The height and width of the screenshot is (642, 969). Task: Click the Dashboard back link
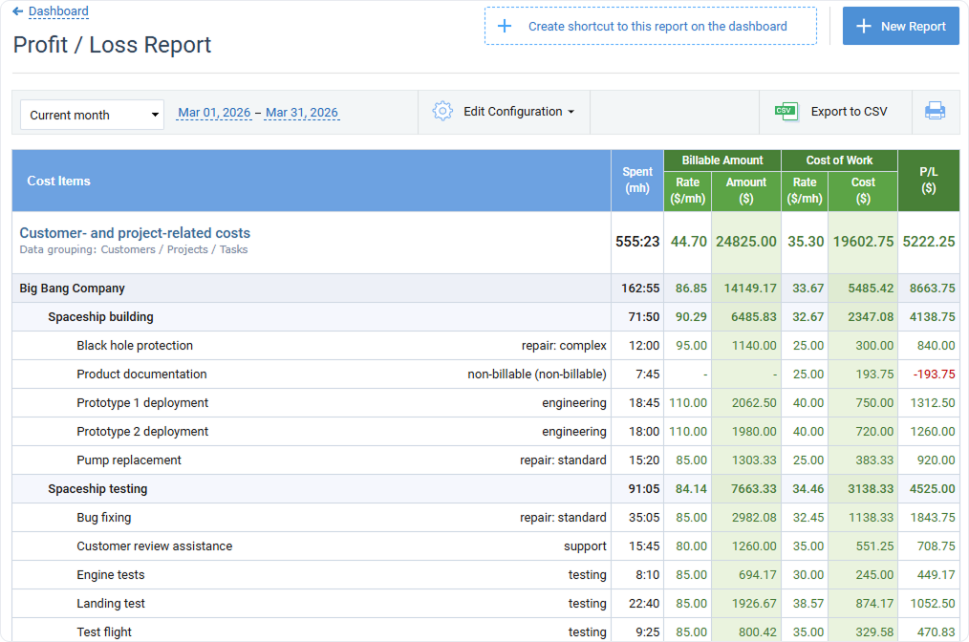coord(58,11)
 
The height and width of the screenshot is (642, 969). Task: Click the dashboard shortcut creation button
coord(650,27)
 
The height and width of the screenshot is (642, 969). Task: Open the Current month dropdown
coord(92,115)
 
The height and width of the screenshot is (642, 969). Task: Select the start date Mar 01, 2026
coord(214,113)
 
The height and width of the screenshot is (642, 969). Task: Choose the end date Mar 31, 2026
coord(302,113)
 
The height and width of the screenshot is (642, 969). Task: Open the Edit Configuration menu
coord(504,112)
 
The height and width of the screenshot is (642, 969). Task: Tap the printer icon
coord(935,112)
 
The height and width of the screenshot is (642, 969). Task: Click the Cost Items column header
coord(59,181)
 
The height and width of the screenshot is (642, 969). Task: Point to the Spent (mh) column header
coord(637,181)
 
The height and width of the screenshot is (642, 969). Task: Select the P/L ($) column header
coord(928,181)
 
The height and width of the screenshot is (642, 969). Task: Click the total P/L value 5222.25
coord(928,242)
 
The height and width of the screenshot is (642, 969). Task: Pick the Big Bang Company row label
coord(73,289)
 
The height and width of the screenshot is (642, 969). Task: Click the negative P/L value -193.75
coord(936,374)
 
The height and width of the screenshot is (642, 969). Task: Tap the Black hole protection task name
coord(135,346)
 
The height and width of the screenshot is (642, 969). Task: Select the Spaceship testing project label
coord(97,489)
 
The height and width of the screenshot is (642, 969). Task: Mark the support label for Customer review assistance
coord(585,546)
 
